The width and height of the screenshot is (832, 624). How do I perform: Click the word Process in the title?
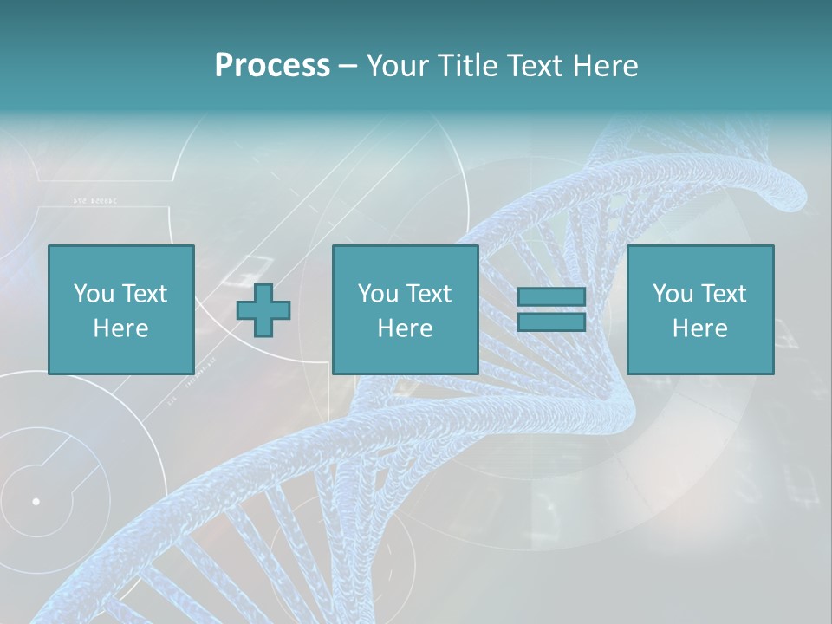272,66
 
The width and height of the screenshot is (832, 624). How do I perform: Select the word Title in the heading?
464,66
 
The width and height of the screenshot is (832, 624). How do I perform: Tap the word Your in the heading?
395,66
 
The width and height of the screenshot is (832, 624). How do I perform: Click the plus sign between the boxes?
263,310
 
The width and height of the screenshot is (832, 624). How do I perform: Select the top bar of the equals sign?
551,297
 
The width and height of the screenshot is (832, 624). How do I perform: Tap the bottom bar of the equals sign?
551,322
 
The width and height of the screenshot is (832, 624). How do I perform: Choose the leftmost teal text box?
120,309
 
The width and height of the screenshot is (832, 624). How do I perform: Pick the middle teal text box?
405,309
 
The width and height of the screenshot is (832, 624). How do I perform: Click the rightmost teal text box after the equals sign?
699,309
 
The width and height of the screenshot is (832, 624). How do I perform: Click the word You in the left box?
93,294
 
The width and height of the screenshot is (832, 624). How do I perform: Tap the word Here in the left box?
120,328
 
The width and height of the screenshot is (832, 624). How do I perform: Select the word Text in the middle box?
428,294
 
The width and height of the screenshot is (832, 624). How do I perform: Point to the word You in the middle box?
377,294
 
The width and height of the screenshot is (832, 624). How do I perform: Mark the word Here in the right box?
699,328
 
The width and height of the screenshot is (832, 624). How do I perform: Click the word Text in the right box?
723,294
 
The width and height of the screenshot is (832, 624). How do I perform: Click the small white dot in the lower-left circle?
36,501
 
